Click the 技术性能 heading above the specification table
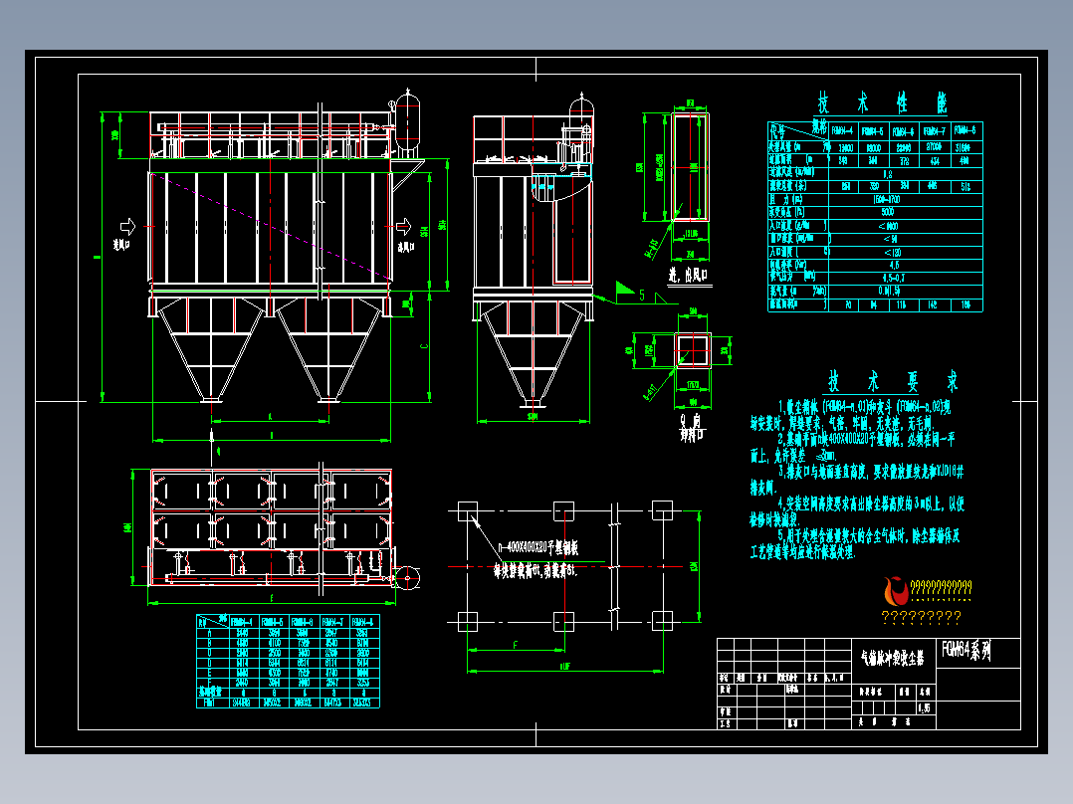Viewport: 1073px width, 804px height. coord(882,101)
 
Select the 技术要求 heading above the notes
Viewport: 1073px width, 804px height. coord(893,381)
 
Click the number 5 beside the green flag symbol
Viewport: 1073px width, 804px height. coord(642,295)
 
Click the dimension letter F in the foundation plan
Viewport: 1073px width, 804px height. coord(515,646)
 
